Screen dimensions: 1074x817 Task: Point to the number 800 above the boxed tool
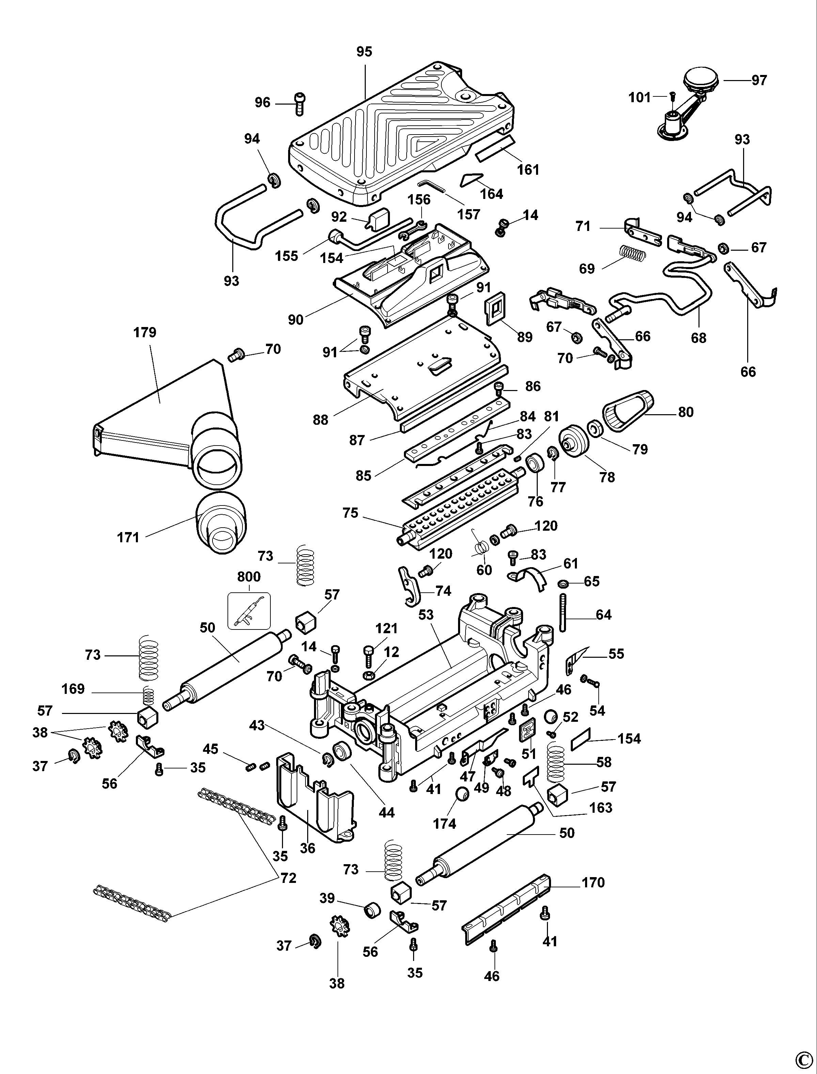tap(249, 577)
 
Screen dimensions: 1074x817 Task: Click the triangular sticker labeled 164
tap(471, 180)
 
